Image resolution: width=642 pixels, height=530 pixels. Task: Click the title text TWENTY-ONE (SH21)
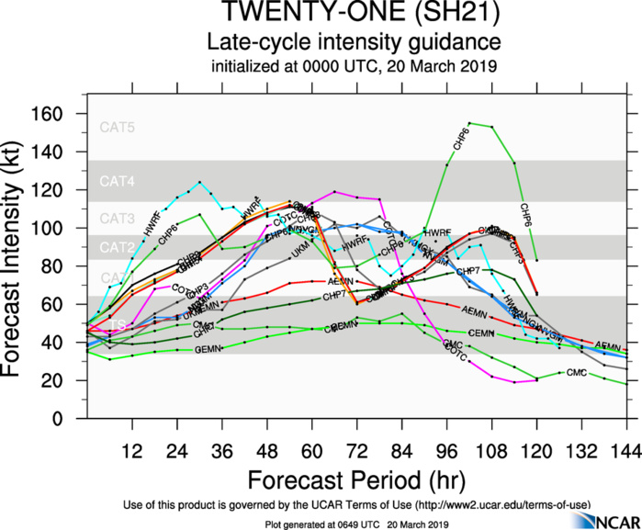353,15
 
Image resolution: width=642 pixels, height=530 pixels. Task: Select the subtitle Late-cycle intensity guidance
353,42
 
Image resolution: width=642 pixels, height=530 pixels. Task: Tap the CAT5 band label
118,128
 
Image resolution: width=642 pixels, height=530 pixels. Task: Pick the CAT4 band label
118,183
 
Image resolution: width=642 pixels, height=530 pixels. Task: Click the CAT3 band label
118,219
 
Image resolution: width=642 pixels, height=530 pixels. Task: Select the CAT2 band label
118,247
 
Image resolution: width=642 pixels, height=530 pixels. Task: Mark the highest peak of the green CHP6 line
469,122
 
